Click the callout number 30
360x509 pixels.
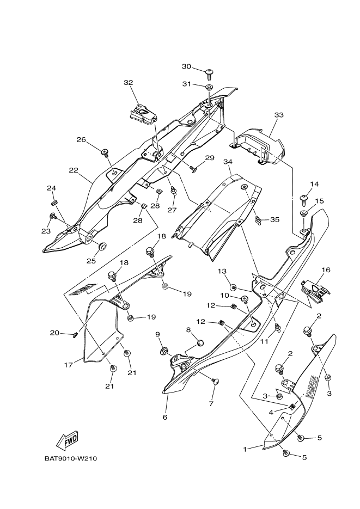186,66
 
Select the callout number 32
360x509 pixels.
128,83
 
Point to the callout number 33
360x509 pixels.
279,115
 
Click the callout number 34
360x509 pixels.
228,162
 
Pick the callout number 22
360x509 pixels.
74,170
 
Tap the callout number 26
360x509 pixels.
81,139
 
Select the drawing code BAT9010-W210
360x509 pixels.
71,458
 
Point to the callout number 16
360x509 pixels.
326,270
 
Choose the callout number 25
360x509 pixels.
91,261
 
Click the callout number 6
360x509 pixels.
164,417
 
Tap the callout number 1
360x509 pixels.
246,449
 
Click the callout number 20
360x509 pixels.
54,333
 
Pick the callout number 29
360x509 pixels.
210,158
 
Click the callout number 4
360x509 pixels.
271,412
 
